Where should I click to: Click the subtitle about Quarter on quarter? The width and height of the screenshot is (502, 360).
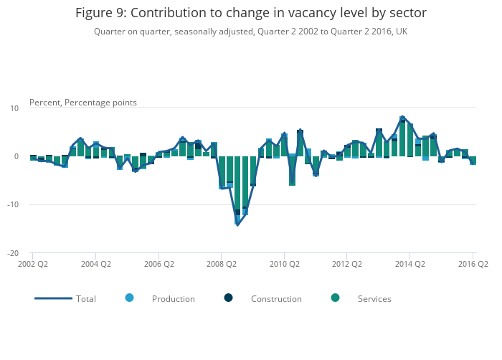tap(250, 32)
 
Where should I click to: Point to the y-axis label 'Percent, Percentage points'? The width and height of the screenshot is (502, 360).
tap(83, 103)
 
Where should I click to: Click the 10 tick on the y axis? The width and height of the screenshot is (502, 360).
tap(14, 108)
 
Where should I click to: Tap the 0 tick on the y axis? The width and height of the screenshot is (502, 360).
tap(16, 156)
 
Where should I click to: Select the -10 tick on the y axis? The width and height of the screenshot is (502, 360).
tap(12, 205)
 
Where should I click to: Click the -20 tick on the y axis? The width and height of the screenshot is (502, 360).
tap(12, 253)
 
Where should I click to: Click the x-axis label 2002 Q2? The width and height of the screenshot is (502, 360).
tap(32, 264)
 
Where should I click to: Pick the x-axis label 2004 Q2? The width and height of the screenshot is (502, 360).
tap(95, 264)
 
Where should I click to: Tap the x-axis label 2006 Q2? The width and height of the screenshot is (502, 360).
tap(158, 264)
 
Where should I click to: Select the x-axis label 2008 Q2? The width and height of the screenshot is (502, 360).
tap(221, 264)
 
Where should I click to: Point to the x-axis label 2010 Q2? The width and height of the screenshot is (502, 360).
tap(284, 264)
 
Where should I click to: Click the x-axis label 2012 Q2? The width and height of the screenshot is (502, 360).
tap(346, 264)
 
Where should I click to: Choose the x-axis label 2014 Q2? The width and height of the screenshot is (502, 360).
tap(409, 264)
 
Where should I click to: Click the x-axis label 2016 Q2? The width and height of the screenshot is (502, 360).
tap(473, 264)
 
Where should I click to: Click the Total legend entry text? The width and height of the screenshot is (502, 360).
tap(86, 298)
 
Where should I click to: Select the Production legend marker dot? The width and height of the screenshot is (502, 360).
tap(129, 298)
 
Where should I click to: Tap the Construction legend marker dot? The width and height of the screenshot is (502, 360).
tap(228, 298)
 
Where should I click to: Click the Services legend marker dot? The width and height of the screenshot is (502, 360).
tap(335, 298)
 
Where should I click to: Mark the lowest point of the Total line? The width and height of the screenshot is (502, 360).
tap(237, 224)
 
